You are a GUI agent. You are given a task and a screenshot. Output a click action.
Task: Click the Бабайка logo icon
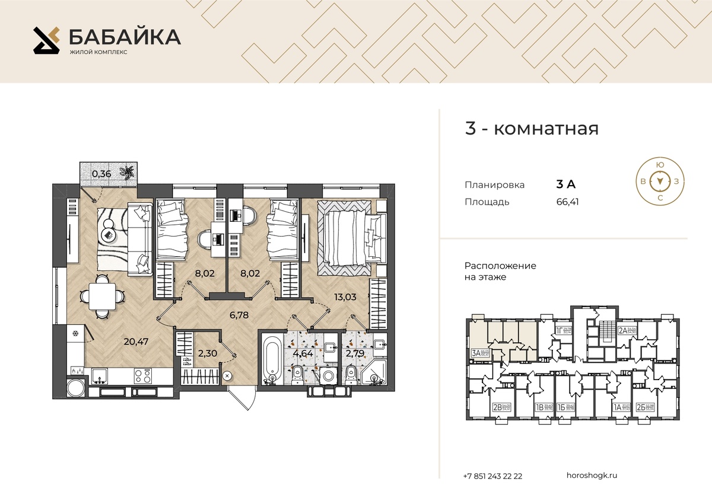(47, 40)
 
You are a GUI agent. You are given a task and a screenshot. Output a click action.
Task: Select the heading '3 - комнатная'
(532, 129)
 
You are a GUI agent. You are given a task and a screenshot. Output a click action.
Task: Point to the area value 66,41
(568, 202)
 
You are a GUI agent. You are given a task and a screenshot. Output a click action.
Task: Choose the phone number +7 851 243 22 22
(493, 476)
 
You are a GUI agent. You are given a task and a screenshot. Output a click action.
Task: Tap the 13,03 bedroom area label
(345, 296)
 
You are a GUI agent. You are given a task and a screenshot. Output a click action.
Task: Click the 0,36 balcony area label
(101, 174)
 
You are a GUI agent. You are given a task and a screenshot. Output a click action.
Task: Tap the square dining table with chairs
(102, 295)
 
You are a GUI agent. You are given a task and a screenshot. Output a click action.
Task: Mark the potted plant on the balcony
(127, 172)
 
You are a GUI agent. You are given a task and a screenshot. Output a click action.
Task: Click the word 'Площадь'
(487, 202)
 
